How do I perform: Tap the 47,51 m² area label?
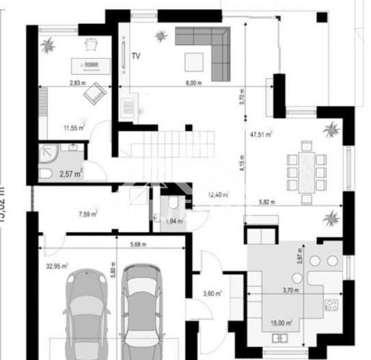click(262, 135)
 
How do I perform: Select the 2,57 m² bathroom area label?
click(70, 174)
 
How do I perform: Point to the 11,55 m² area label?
click(74, 127)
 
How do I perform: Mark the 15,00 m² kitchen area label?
click(281, 323)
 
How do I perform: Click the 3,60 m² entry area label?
click(212, 294)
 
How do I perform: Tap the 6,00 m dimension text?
click(195, 83)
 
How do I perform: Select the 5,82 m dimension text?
click(267, 202)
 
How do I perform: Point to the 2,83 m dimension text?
click(78, 83)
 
